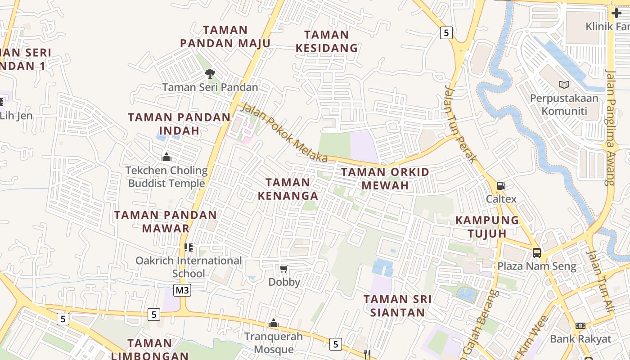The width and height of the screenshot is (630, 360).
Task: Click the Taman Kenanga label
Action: click(x=288, y=189)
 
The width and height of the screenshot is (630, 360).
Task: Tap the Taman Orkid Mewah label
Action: click(x=385, y=179)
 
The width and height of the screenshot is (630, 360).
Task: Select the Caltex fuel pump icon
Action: click(x=500, y=185)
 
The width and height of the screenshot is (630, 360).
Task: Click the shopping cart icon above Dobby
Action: click(x=284, y=269)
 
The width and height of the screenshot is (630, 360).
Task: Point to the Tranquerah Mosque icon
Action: click(x=273, y=323)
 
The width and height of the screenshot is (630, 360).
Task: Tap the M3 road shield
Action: click(x=182, y=290)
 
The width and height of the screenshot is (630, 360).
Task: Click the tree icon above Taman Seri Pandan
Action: click(x=210, y=73)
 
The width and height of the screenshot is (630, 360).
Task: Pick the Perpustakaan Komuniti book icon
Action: click(x=564, y=85)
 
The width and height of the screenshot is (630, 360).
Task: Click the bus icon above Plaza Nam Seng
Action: click(x=537, y=252)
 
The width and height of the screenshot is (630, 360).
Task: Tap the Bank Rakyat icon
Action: click(x=580, y=326)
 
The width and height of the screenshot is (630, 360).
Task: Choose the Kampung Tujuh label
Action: click(x=487, y=227)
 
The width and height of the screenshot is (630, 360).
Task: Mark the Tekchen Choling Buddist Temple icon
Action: click(x=166, y=157)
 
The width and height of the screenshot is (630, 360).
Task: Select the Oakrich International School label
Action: click(x=189, y=267)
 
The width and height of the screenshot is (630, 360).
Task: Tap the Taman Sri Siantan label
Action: click(x=397, y=306)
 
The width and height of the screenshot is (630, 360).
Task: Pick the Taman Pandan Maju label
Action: click(x=225, y=36)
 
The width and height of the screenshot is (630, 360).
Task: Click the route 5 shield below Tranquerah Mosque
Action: click(x=335, y=344)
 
